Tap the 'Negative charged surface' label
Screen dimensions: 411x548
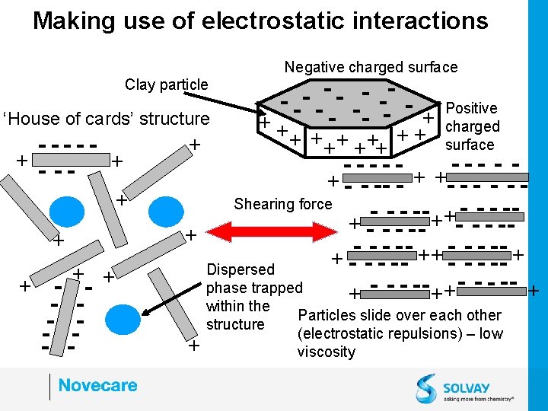(371, 67)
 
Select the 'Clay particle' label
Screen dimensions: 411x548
(166, 84)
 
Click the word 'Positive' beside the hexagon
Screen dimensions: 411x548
(471, 108)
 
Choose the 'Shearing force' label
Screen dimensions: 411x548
(283, 204)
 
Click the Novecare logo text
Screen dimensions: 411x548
(97, 385)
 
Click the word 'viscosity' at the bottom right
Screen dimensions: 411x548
(326, 352)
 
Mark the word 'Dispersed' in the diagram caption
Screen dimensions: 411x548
(241, 269)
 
